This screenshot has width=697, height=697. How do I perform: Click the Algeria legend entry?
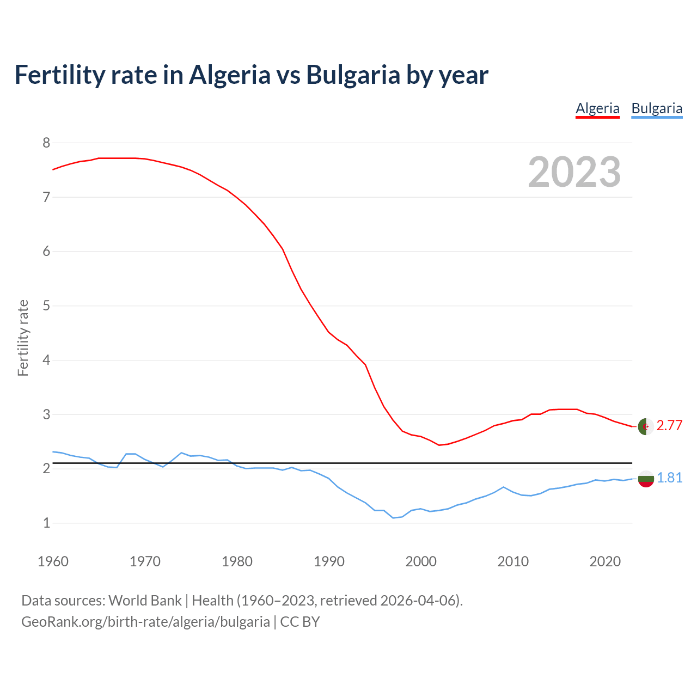597,108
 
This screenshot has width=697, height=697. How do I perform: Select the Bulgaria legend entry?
657,108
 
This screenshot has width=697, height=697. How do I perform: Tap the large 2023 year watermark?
574,172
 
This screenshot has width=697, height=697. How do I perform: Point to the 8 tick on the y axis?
46,143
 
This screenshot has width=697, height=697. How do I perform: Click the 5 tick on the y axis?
46,305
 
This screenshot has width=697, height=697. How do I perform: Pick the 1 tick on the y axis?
46,523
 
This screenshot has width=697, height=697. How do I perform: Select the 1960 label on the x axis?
53,561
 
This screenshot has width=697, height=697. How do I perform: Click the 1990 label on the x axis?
329,561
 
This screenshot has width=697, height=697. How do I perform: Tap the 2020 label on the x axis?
605,561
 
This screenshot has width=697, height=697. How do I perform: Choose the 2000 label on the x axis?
421,561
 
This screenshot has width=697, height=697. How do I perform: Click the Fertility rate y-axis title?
23,338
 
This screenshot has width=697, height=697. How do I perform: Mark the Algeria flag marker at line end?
646,426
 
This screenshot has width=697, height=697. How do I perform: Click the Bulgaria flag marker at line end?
646,479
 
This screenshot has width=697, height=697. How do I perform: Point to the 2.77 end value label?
669,426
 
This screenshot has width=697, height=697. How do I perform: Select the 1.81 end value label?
669,478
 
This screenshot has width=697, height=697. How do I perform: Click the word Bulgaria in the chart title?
353,75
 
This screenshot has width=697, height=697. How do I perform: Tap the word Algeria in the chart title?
229,75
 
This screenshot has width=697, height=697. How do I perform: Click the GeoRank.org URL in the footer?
145,622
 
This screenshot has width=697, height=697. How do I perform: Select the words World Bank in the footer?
145,601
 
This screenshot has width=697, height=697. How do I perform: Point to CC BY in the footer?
300,622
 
